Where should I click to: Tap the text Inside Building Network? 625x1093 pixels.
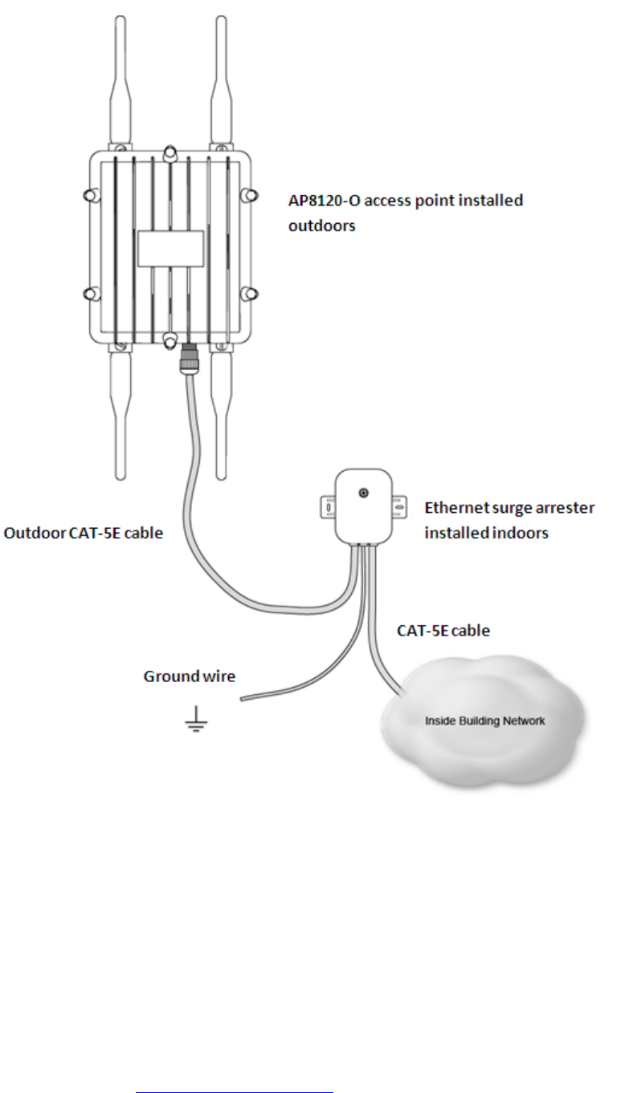(484, 721)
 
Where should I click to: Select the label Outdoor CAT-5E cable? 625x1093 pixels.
(84, 532)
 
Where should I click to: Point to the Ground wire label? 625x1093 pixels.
(190, 677)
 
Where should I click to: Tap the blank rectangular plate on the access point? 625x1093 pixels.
(170, 248)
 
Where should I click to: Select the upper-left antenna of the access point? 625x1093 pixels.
(120, 80)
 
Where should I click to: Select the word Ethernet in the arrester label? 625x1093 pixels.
(456, 508)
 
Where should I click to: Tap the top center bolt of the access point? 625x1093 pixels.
(170, 152)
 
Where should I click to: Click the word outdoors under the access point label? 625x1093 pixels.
(321, 226)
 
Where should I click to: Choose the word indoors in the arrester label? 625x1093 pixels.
(519, 532)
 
